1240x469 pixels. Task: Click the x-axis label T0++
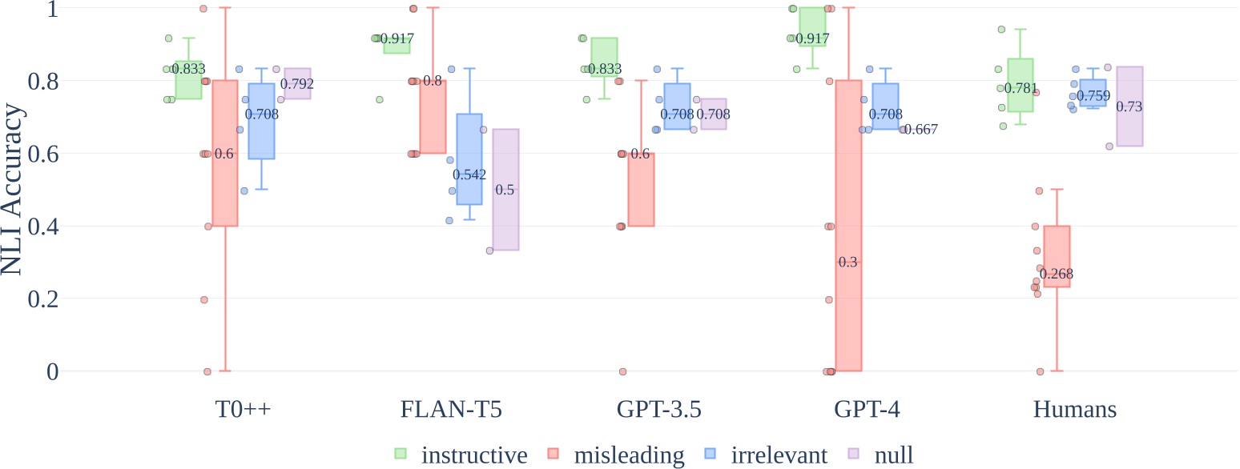pos(243,410)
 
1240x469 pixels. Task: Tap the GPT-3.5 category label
pos(659,410)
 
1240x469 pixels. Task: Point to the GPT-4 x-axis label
pos(867,410)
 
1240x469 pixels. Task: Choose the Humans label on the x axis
pos(1075,410)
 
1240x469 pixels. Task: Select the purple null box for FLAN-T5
pos(505,224)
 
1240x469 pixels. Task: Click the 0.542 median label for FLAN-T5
pos(469,174)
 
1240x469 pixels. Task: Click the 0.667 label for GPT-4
pos(920,130)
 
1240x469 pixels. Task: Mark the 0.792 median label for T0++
pos(297,84)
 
